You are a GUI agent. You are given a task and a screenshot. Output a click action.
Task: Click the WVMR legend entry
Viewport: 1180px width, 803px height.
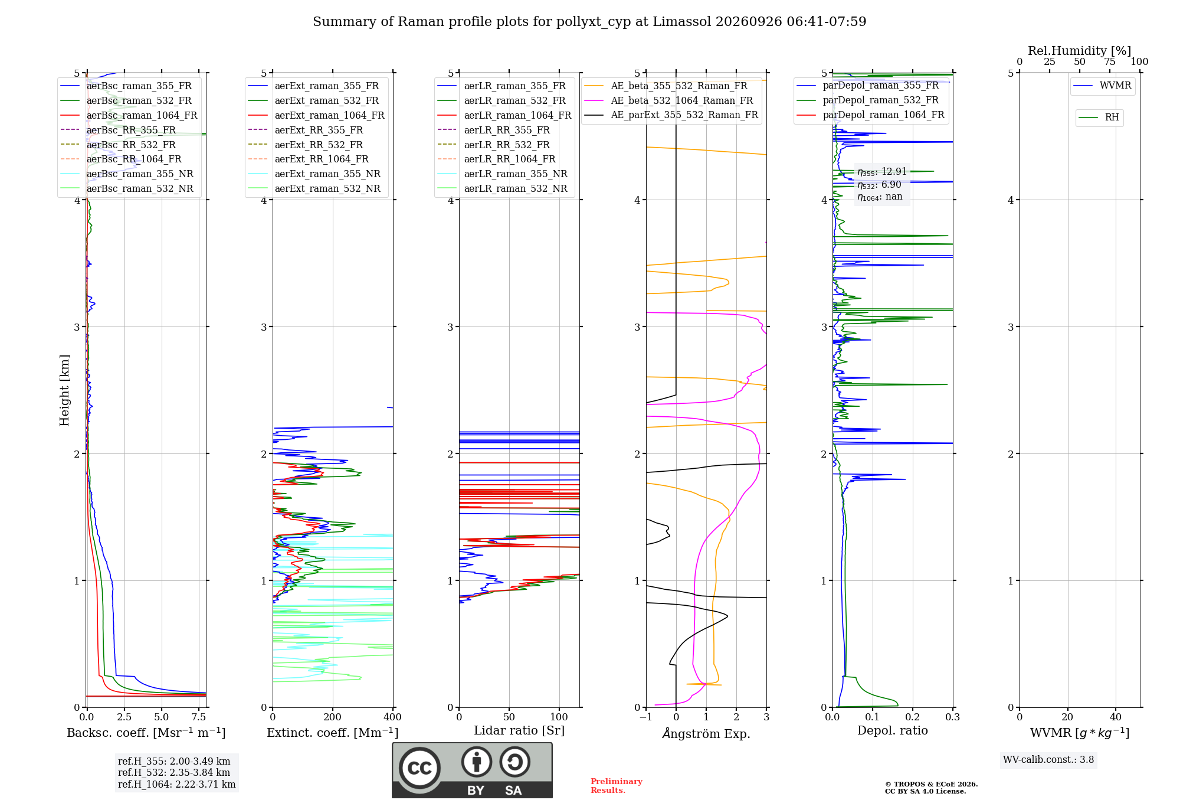point(1102,86)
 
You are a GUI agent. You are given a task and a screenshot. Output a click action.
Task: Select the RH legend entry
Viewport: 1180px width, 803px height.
point(1099,117)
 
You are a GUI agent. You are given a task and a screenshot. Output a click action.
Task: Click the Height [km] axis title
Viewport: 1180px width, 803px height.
point(64,390)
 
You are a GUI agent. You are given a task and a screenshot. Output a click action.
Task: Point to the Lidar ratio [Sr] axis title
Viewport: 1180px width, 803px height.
point(519,730)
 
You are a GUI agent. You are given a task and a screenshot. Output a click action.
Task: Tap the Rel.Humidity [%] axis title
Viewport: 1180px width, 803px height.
point(1080,51)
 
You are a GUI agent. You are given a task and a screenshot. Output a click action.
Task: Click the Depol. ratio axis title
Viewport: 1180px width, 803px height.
point(893,730)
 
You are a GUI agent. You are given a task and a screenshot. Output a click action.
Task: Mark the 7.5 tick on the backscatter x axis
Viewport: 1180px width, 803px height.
point(199,717)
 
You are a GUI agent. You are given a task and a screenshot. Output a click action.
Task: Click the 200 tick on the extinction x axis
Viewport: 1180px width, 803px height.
point(333,717)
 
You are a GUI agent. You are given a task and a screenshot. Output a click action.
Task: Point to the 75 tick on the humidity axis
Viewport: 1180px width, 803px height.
point(1110,61)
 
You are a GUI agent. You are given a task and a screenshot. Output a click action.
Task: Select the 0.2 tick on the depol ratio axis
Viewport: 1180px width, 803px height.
point(913,717)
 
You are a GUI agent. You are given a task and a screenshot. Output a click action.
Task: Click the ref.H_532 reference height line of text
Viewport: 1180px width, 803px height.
point(174,772)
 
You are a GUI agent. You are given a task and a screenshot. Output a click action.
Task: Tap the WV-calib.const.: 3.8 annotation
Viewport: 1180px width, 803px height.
point(1048,760)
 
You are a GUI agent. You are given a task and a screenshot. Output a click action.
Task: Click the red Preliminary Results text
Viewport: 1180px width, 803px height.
point(617,786)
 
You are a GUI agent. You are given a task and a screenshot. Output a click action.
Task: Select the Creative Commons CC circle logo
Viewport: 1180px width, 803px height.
point(419,768)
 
